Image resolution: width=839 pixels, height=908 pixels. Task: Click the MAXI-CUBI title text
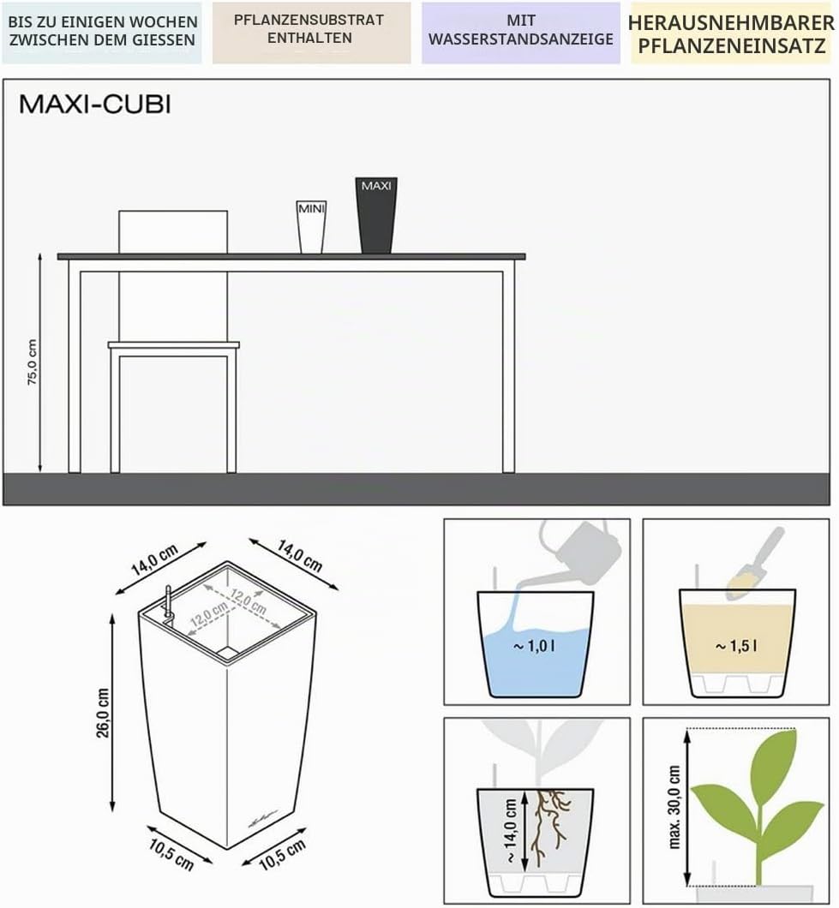(x=95, y=105)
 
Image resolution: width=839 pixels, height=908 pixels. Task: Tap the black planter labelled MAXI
(x=376, y=215)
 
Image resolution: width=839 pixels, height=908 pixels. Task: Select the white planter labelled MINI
(x=312, y=227)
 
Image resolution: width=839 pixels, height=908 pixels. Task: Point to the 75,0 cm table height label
(x=33, y=362)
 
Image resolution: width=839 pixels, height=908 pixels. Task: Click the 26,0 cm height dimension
(x=103, y=713)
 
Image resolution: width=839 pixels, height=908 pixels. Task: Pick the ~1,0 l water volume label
(x=534, y=646)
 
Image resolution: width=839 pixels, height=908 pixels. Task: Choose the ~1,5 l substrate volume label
(x=736, y=646)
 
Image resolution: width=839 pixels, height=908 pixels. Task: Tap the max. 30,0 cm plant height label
(x=674, y=807)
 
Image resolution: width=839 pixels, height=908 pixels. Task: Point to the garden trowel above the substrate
(x=754, y=564)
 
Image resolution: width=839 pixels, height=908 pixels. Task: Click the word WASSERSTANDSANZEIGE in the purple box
(x=521, y=39)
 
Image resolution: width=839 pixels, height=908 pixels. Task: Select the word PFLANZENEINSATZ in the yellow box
(x=732, y=46)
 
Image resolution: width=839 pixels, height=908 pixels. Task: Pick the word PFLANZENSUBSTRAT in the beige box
(x=309, y=21)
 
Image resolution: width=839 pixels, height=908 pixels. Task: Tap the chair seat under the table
(x=173, y=345)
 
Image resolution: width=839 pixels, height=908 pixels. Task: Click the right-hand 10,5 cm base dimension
(x=282, y=855)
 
